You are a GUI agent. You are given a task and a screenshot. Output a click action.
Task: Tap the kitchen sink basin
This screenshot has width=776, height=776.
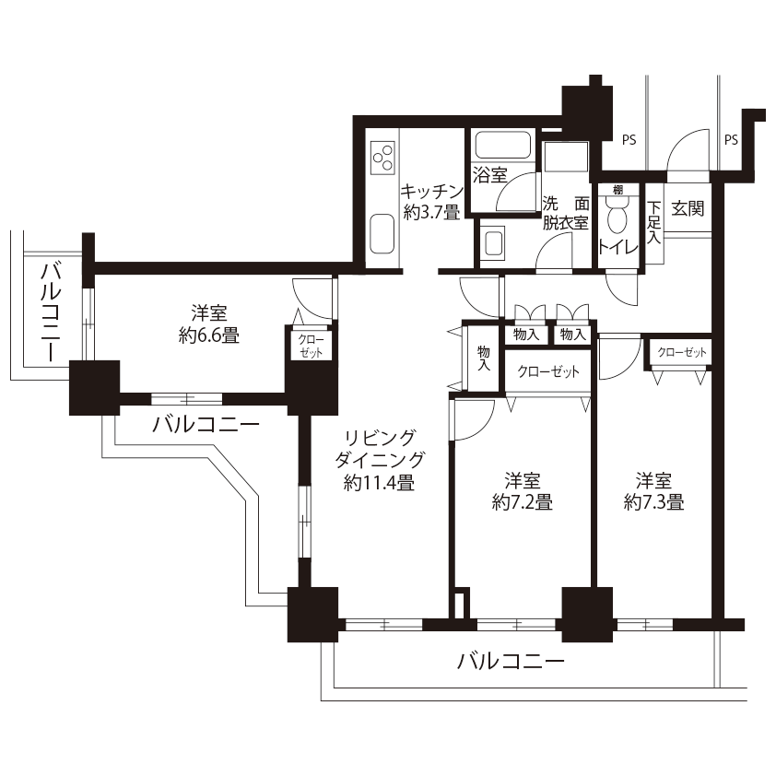[x=382, y=234]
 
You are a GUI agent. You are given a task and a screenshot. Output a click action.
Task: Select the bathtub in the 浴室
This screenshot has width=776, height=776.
[x=503, y=145]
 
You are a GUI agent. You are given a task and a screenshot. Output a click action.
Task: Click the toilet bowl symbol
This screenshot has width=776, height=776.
[x=617, y=215]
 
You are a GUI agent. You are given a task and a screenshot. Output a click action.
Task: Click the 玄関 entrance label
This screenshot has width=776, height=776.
[x=688, y=208]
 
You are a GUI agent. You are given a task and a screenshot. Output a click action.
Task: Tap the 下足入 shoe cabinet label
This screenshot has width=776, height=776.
[x=653, y=222]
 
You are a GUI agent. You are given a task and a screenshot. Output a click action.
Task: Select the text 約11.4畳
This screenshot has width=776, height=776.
[x=379, y=482]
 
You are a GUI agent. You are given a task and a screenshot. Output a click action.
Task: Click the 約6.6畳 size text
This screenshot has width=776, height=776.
[x=209, y=335]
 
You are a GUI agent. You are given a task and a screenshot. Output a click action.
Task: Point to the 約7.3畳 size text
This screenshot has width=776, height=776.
[x=653, y=502]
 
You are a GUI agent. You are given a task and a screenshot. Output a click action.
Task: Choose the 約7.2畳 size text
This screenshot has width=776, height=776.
[x=523, y=502]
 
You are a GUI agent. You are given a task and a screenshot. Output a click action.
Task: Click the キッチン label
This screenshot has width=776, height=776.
[x=432, y=191]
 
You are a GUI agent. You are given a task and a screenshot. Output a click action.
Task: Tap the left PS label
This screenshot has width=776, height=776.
[x=629, y=140]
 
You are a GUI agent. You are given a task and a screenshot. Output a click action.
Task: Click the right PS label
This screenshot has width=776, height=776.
[x=731, y=140]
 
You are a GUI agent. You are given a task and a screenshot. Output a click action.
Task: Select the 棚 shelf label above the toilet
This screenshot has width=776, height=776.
[x=617, y=190]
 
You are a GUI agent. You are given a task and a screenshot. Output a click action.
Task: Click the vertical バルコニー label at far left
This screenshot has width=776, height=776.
[x=51, y=312]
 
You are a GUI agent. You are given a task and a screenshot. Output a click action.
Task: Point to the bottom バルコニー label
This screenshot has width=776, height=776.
[x=511, y=661]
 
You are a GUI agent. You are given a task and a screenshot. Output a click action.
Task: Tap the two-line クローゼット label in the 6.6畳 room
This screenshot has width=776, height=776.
[x=312, y=346]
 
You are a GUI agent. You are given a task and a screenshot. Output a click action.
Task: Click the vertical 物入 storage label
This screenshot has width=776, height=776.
[x=484, y=359]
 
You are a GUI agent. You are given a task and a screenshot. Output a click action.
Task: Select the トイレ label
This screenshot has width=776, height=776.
[x=618, y=247]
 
